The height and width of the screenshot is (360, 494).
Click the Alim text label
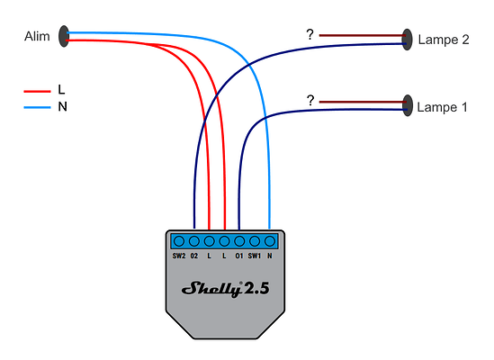point(36,37)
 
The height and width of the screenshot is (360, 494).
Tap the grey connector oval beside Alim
point(64,36)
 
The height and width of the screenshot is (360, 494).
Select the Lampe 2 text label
point(443,40)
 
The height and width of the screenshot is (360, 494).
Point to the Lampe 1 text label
point(443,107)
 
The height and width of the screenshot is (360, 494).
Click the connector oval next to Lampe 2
point(408,39)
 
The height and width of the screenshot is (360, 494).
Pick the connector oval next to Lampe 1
point(408,106)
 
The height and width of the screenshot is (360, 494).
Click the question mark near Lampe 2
point(310,35)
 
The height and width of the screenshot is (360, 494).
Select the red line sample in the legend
point(36,91)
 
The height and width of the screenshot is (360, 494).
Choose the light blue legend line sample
point(36,107)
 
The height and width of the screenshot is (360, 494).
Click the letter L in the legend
point(61,91)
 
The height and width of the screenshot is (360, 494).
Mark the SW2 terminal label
point(178,256)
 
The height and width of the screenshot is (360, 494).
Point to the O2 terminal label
point(194,256)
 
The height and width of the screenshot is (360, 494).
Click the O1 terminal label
point(238,256)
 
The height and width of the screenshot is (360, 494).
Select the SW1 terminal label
point(255,256)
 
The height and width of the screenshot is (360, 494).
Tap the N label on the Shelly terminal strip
point(270,256)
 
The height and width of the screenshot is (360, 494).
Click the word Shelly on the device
point(211,289)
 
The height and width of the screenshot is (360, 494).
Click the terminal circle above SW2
point(178,241)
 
